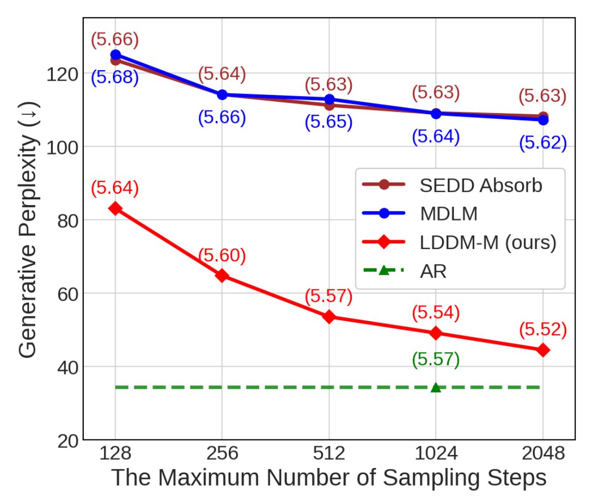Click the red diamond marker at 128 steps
coord(115,208)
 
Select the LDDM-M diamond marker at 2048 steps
coord(543,350)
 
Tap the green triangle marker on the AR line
coord(436,387)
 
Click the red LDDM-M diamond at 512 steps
coord(329,317)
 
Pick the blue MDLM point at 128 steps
coord(115,55)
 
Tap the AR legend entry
coord(433,271)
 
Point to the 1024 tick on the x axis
coord(436,454)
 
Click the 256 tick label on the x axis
coord(222,454)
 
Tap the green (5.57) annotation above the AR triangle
coord(436,360)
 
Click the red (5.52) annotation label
coord(543,330)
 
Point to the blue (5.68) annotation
coord(115,79)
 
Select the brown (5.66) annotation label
coord(115,39)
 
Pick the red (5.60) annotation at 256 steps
coord(222,255)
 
